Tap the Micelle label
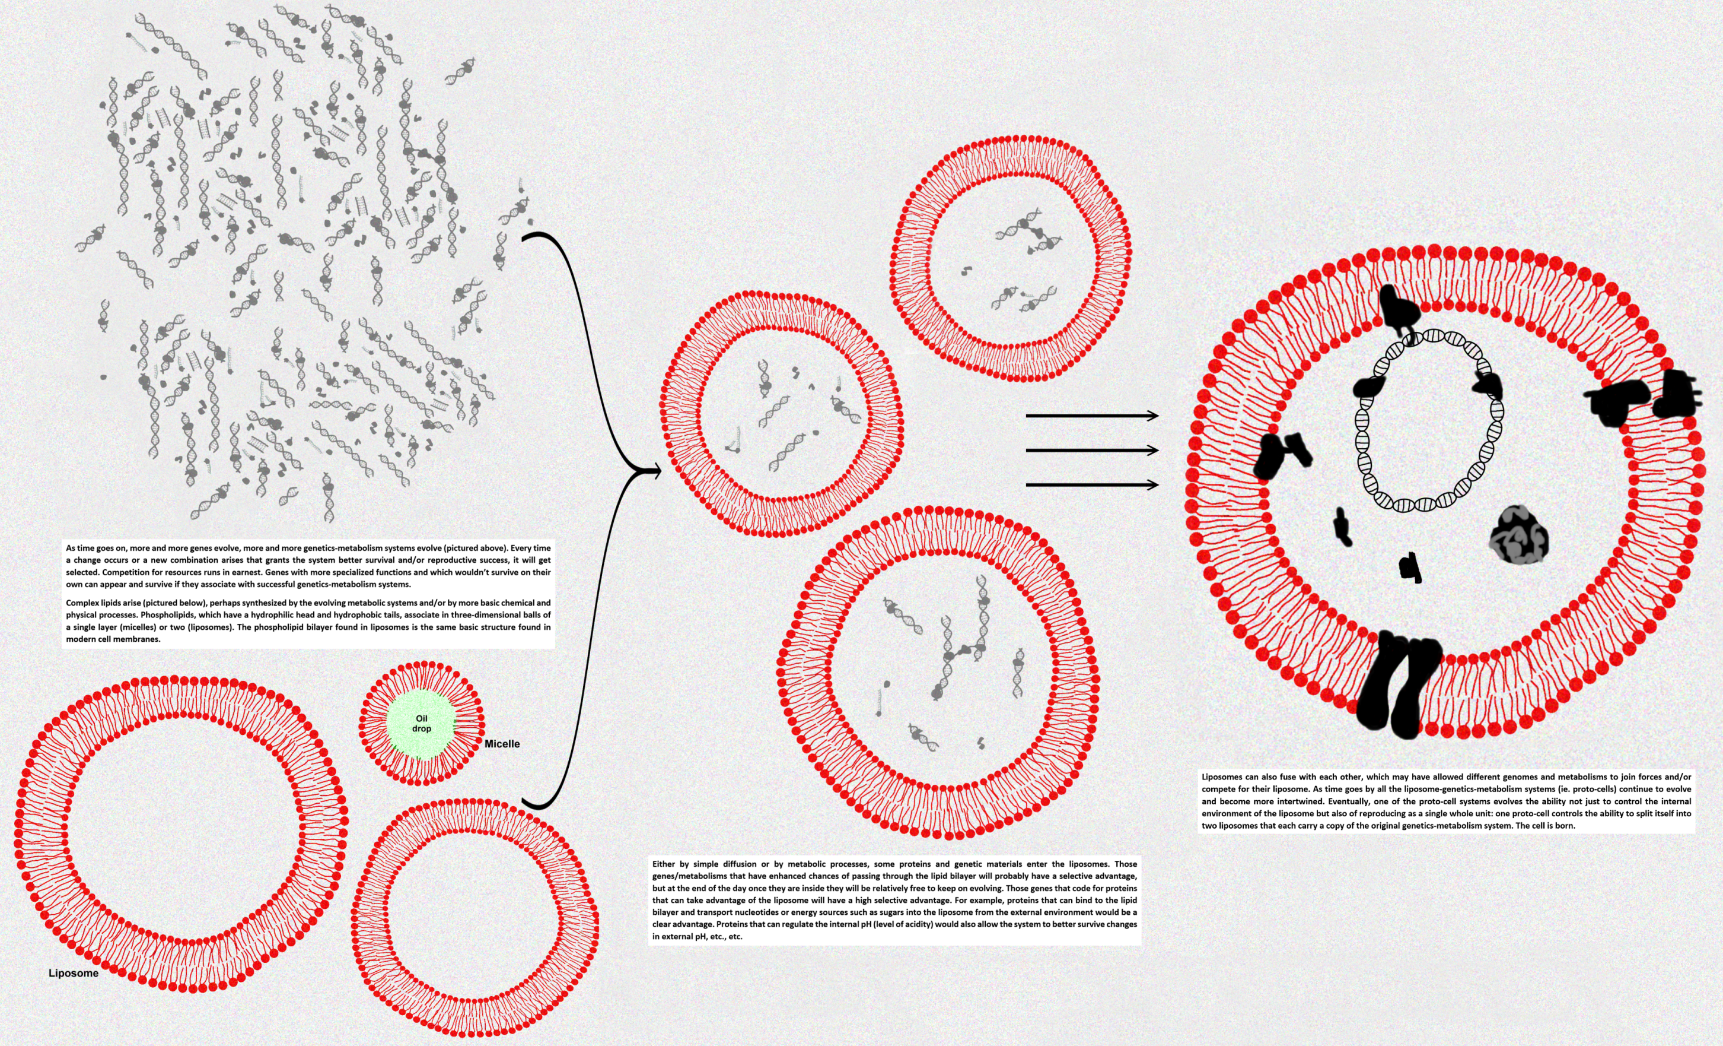coord(502,744)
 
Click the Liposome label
coord(74,973)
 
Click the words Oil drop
coord(421,724)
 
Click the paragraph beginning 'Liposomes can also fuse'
coord(1446,801)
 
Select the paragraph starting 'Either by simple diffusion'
coord(894,900)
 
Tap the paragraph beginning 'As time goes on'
coord(308,566)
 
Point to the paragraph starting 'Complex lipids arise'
coord(308,620)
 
